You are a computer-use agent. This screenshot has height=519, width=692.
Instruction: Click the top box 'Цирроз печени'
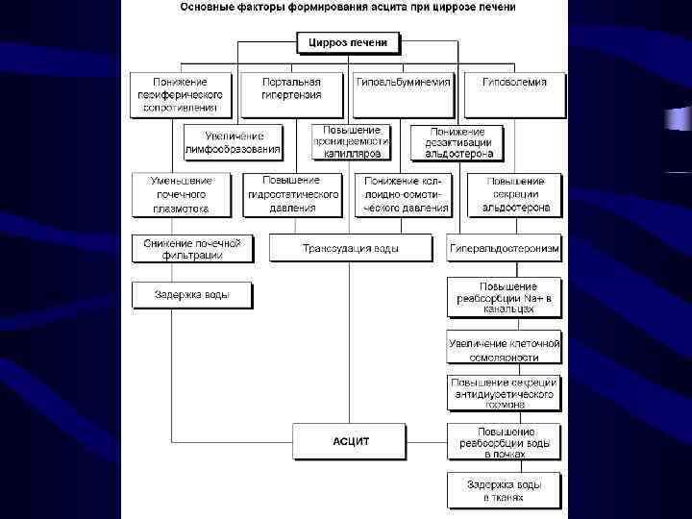coord(348,43)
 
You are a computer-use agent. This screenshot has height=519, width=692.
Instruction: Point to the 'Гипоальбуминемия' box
coord(403,83)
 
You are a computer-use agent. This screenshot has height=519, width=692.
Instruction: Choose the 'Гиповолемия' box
coord(514,83)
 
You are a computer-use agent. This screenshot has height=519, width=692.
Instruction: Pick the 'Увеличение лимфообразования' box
coord(233,142)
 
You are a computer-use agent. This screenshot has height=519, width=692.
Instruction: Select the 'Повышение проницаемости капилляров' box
coord(352,141)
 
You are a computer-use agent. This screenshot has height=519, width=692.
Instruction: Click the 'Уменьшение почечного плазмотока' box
coord(183,194)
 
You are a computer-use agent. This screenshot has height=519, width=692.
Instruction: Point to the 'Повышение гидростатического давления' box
coord(293,194)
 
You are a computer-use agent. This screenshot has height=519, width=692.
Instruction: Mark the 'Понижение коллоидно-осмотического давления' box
coord(403,194)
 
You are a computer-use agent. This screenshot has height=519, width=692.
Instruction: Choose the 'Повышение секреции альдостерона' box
coord(515,194)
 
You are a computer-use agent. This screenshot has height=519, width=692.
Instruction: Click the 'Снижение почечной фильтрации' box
coord(192,248)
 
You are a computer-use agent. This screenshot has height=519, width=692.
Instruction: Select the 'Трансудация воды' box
coord(351,248)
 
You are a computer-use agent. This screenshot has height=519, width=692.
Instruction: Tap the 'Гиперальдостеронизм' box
coord(505,248)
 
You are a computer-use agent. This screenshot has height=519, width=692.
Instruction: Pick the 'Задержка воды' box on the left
coord(192,294)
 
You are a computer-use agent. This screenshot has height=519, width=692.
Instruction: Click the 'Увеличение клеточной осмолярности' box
coord(505,349)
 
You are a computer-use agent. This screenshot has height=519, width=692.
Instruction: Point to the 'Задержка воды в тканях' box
coord(505,490)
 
